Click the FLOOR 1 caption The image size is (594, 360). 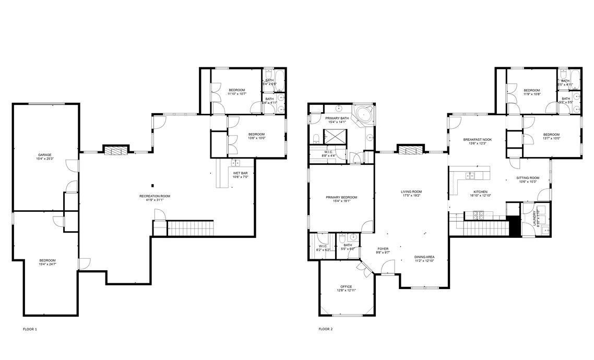pos(30,329)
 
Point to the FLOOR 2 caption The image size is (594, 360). pos(325,329)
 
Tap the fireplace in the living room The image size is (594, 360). pos(411,151)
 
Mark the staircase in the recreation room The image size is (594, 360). pos(190,228)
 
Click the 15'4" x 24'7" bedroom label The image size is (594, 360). pos(47,262)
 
